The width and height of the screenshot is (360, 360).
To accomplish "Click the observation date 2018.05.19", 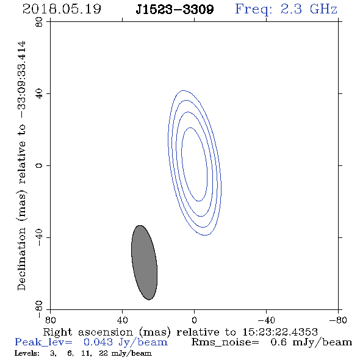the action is click(x=62, y=9).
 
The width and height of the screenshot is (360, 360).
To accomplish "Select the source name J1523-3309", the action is click(x=175, y=10).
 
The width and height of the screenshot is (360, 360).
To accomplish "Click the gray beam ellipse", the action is click(x=144, y=262).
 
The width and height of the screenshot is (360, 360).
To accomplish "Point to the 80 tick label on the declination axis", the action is click(x=39, y=22).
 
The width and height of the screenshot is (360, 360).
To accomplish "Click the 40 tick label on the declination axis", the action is click(x=39, y=94).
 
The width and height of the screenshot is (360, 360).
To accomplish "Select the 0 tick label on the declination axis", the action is click(x=39, y=165).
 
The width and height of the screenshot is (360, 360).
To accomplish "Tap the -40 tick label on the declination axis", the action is click(x=39, y=237).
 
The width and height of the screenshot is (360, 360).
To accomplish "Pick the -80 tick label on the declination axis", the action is click(x=39, y=309).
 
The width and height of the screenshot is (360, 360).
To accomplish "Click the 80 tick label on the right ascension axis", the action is click(x=50, y=320).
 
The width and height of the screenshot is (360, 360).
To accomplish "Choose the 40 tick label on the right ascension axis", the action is click(x=122, y=320).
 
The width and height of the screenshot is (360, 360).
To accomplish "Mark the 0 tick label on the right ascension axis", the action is click(x=194, y=320).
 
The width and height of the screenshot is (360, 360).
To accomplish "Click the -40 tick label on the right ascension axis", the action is click(x=266, y=320).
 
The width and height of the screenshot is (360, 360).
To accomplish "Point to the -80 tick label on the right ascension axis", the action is click(x=338, y=320).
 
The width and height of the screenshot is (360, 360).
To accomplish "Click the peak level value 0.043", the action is click(x=98, y=342).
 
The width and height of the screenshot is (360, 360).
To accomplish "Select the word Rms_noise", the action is click(x=225, y=342).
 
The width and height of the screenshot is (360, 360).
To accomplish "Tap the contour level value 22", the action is click(x=103, y=353).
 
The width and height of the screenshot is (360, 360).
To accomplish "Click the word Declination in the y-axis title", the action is click(x=21, y=259).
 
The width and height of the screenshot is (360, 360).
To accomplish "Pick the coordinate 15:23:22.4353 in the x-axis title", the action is click(x=280, y=332).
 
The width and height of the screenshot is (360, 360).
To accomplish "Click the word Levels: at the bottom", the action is click(x=27, y=353).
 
